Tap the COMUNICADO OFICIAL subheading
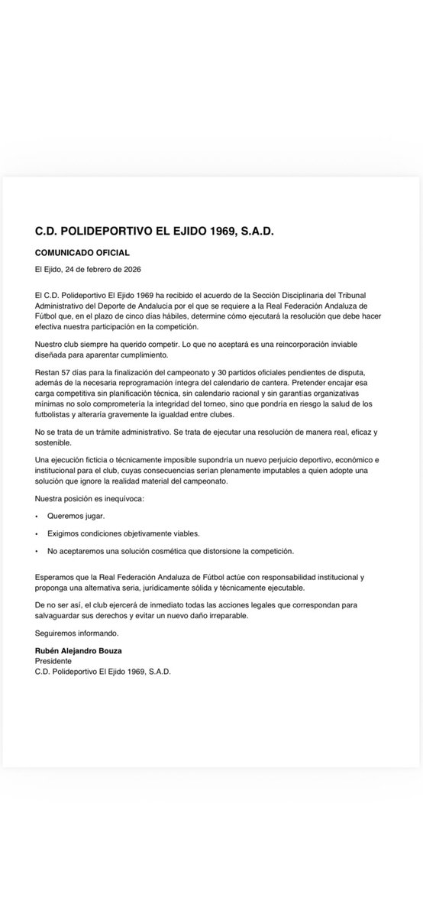click(x=82, y=252)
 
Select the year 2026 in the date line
click(x=128, y=270)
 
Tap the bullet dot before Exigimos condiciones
click(x=37, y=533)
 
